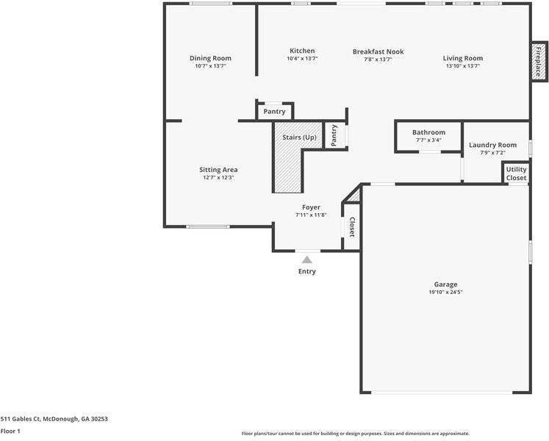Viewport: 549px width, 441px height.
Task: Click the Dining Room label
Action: [x=210, y=58]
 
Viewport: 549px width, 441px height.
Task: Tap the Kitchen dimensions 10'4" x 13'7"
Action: [x=302, y=59]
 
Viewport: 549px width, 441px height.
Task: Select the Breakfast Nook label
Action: [x=378, y=52]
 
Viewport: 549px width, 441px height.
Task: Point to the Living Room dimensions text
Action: [x=463, y=66]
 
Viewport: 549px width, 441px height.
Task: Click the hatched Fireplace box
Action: [x=539, y=62]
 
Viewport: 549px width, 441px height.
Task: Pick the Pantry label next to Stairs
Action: [x=334, y=135]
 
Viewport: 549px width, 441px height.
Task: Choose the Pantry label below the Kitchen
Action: [x=275, y=112]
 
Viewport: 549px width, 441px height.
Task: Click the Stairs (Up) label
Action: [x=299, y=137]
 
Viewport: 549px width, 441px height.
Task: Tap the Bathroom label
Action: [x=429, y=132]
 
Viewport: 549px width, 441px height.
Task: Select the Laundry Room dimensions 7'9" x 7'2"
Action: [x=492, y=153]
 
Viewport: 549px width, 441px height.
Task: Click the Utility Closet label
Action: [x=516, y=173]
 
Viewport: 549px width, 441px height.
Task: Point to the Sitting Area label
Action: [x=218, y=170]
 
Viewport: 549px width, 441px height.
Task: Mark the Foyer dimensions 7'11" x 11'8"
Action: [x=311, y=215]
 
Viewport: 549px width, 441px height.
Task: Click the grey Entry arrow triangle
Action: [x=307, y=260]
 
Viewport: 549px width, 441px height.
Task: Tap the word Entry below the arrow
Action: [x=307, y=271]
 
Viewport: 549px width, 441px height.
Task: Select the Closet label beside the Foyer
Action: [x=352, y=227]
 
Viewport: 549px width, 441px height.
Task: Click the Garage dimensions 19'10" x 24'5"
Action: [x=445, y=292]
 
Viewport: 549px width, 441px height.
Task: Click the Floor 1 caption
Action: [x=10, y=431]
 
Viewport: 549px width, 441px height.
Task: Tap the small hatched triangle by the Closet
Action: [x=354, y=196]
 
